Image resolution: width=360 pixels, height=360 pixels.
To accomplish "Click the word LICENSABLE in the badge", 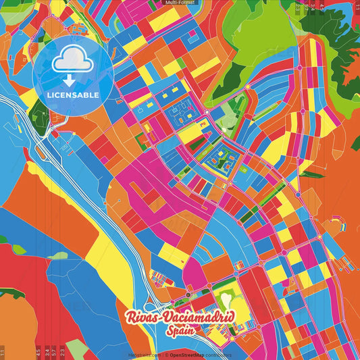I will coord(73,95).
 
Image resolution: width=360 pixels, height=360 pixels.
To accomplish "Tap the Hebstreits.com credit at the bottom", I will coord(143,354).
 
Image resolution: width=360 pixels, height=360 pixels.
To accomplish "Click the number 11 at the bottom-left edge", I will coord(3,353).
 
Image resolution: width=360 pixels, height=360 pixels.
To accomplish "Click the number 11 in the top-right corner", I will coord(356,7).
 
